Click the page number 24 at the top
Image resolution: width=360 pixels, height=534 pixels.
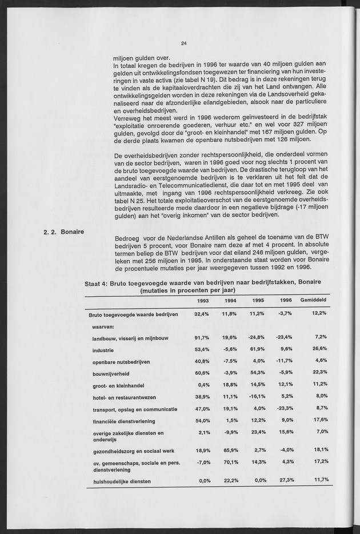pos(183,43)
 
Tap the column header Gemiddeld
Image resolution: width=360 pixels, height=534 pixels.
pos(314,300)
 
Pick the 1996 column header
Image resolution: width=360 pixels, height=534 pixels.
pos(286,300)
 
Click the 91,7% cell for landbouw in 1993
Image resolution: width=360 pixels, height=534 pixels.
pos(202,337)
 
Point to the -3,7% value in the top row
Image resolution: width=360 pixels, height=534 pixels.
pos(285,314)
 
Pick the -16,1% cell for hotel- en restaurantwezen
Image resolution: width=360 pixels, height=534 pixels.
pos(256,396)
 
